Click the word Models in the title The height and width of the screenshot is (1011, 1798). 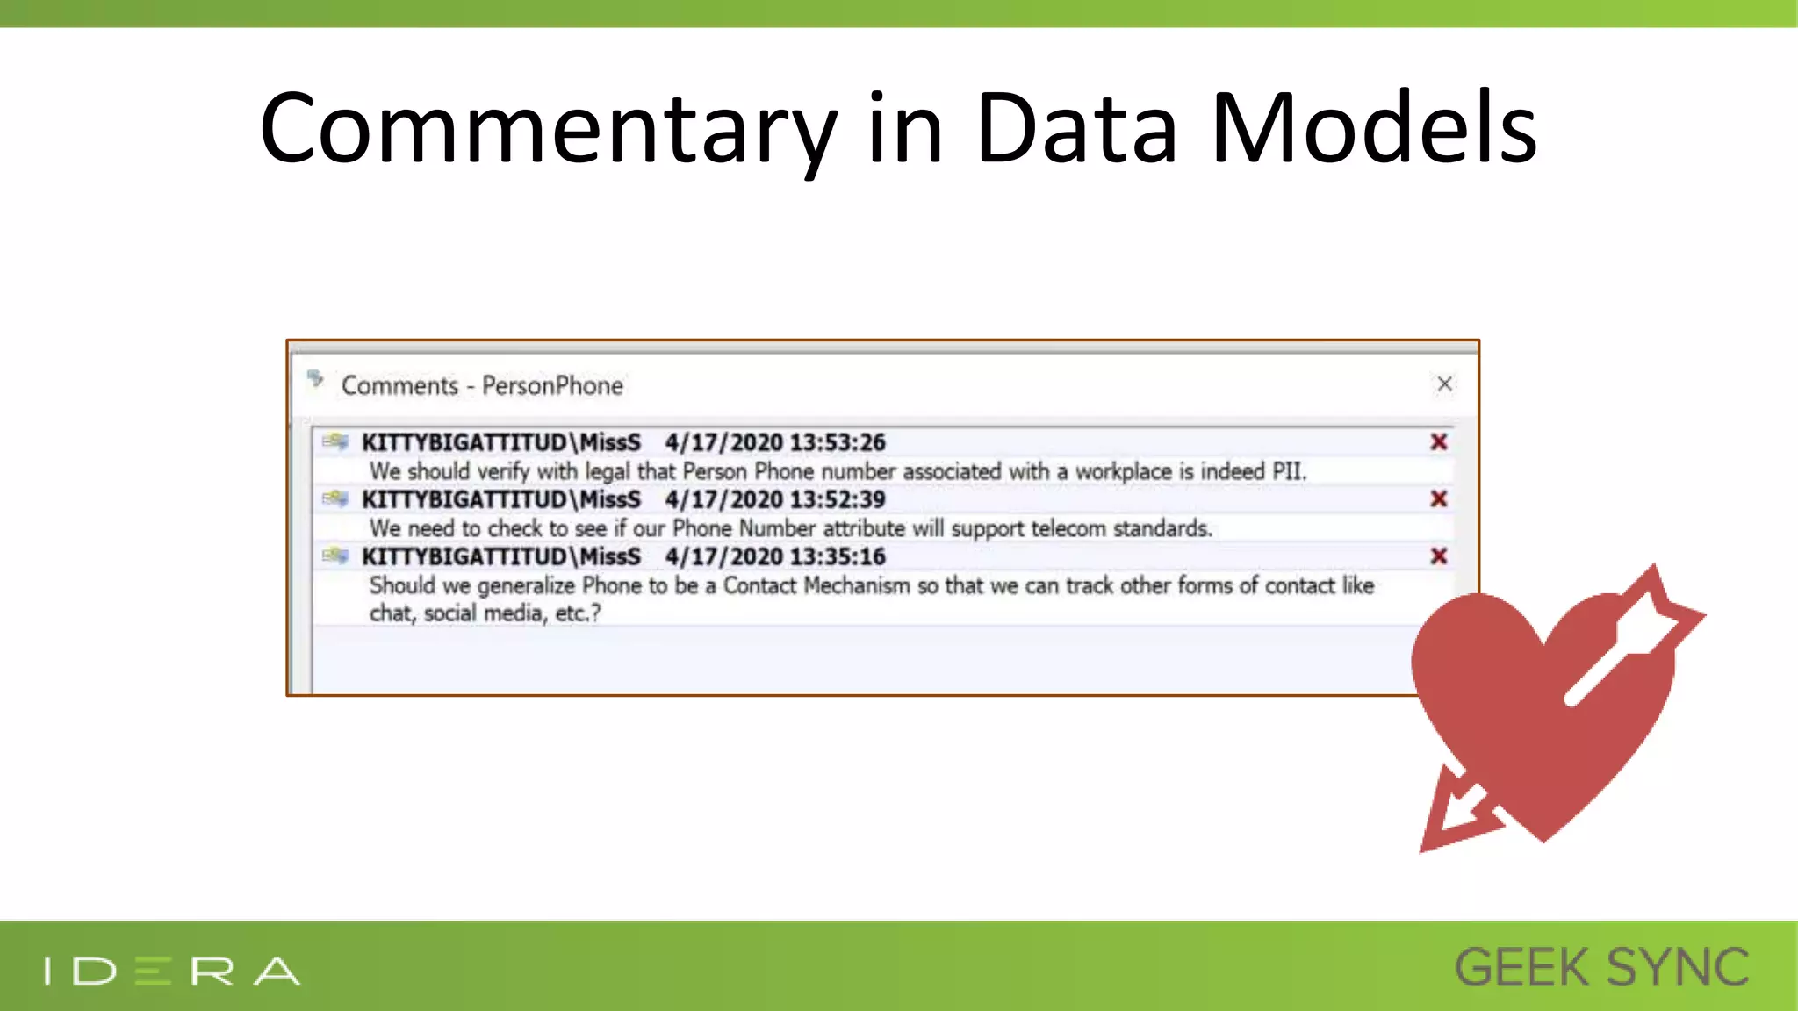tap(1373, 129)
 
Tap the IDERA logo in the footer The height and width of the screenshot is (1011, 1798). tap(172, 971)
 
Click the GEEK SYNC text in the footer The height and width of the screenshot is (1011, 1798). tap(1601, 968)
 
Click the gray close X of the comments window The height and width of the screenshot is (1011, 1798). tap(1444, 384)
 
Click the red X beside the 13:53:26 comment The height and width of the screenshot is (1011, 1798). tap(1438, 441)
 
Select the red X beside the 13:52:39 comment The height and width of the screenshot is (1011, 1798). tap(1438, 498)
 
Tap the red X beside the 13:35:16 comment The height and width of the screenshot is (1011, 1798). tap(1438, 556)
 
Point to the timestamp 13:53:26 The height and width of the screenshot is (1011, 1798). tap(838, 442)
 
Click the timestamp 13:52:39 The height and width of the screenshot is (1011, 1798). tap(838, 499)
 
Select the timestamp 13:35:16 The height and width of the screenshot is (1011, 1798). tap(838, 556)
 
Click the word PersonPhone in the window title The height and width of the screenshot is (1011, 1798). tap(552, 385)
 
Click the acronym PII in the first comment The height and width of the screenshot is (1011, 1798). tap(1287, 471)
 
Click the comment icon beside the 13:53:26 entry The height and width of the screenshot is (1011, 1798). tap(334, 441)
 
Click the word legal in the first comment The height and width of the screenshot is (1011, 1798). tap(608, 471)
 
